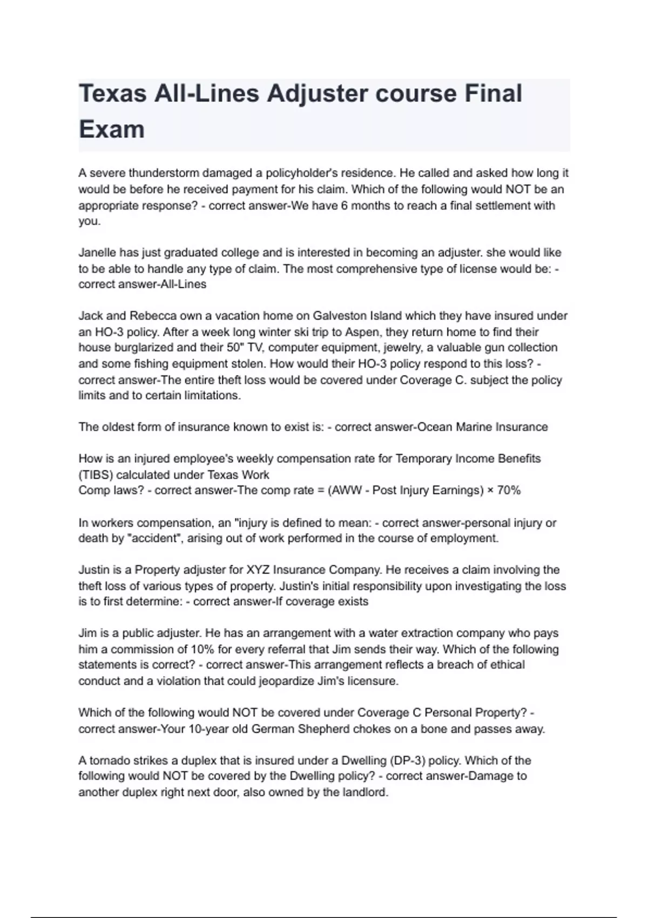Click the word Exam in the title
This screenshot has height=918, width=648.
pyautogui.click(x=112, y=130)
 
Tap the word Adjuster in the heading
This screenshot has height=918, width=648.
pyautogui.click(x=315, y=93)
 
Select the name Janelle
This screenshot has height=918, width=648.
pyautogui.click(x=97, y=253)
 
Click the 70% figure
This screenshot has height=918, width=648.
pyautogui.click(x=508, y=490)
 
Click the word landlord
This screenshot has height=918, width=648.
pyautogui.click(x=365, y=793)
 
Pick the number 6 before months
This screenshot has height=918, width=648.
pyautogui.click(x=344, y=206)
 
